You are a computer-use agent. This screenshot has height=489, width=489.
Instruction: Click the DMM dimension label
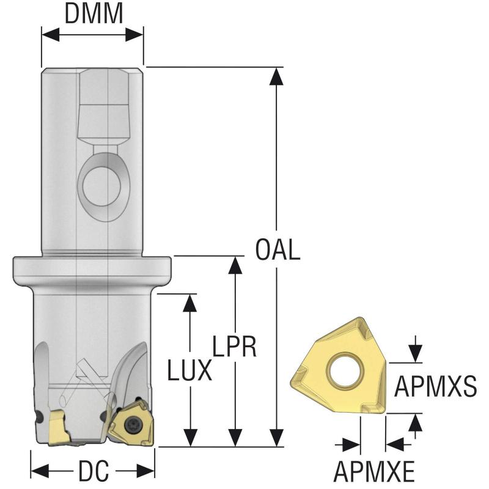[x=94, y=13]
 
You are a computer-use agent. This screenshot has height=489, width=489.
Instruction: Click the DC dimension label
[x=93, y=471]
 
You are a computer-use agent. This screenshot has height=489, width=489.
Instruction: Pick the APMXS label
[x=435, y=386]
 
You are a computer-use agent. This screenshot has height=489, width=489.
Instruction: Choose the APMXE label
[x=373, y=471]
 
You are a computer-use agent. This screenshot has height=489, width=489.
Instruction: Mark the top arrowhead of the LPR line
[x=235, y=265]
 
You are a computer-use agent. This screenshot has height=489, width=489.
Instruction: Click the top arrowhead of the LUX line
[x=190, y=302]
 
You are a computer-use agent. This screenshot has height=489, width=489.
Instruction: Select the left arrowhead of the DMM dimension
[x=49, y=34]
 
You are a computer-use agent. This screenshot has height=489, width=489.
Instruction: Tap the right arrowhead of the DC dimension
[x=147, y=471]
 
